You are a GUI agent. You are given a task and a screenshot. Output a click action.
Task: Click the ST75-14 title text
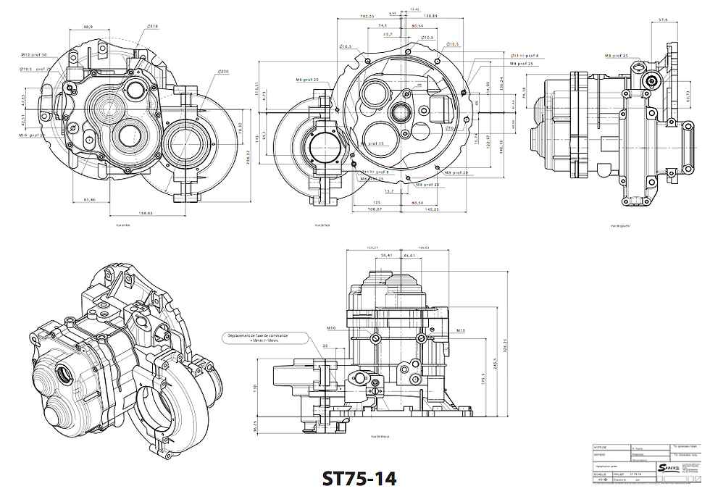(359, 479)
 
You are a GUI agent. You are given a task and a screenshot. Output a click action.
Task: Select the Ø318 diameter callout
(153, 26)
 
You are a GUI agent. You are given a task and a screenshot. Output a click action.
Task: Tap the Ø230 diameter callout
(223, 72)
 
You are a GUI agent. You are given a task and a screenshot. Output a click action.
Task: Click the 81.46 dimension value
(91, 199)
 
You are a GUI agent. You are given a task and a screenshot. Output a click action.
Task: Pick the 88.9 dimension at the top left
(88, 26)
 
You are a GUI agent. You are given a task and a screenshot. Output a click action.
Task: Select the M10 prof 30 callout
(34, 54)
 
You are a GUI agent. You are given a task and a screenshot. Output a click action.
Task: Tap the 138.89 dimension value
(430, 16)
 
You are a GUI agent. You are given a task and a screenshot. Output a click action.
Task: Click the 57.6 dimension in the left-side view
(662, 20)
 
